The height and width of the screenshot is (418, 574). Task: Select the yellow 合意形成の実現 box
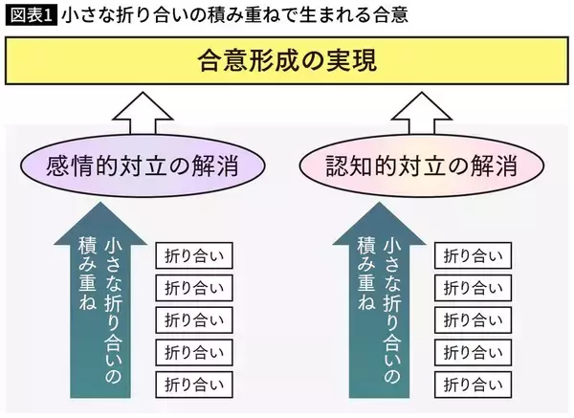tap(286, 62)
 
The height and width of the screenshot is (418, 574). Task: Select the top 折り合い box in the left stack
tap(195, 256)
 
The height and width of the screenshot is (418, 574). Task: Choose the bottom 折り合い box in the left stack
tap(195, 385)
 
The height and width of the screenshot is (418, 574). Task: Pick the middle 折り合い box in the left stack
tap(195, 320)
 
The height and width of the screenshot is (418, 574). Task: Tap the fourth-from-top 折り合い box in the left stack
tap(195, 353)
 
